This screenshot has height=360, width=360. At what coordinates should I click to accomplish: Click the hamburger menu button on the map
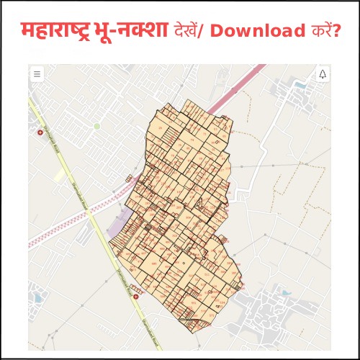[x=37, y=74]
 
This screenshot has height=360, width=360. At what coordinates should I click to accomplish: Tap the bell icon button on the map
[x=322, y=74]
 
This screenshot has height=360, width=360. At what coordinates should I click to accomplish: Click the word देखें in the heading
[x=189, y=31]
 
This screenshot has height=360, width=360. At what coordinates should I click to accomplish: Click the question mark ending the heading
[x=335, y=31]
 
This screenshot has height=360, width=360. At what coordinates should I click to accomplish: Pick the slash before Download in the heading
[x=209, y=31]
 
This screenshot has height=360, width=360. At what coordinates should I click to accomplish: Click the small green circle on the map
[x=96, y=126]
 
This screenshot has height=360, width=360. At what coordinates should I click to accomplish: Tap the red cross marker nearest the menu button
[x=40, y=132]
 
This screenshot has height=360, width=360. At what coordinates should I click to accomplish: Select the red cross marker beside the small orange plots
[x=135, y=295]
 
